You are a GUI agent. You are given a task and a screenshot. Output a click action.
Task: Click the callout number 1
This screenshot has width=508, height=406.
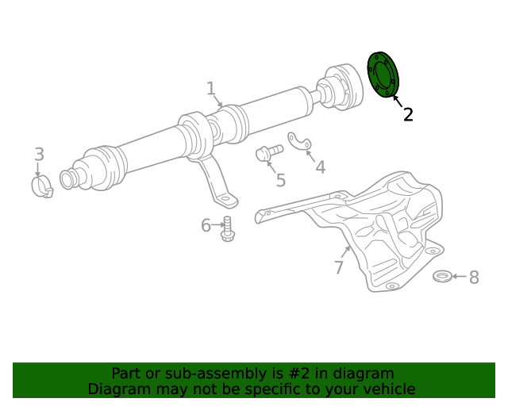tap(211, 88)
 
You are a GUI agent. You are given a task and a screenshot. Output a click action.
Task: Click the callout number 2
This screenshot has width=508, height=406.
tap(408, 114)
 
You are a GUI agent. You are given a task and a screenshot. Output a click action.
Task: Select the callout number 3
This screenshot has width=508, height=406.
tap(38, 155)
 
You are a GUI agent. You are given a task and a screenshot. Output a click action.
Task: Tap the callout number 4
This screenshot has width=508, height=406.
tap(320, 167)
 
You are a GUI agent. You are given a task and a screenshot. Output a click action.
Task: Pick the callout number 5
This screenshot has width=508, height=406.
tap(280, 180)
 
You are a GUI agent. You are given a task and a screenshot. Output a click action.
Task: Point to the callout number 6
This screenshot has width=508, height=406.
tap(206, 226)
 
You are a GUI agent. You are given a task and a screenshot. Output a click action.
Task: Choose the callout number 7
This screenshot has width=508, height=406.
tap(339, 267)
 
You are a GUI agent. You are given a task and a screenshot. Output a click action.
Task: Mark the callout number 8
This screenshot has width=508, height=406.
tap(474, 277)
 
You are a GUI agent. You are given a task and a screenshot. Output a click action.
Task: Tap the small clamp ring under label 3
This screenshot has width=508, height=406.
tap(40, 187)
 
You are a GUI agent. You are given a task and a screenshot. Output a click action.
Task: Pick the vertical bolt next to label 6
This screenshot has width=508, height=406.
tap(227, 229)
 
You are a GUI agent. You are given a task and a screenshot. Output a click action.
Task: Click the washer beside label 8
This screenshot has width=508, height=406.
tap(442, 276)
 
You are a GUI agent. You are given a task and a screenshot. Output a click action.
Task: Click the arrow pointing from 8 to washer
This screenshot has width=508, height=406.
tap(459, 277)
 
